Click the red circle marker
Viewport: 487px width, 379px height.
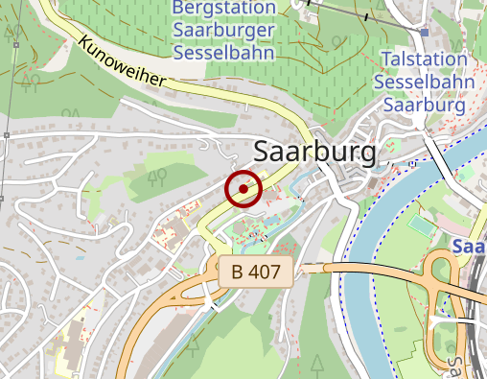[243, 189]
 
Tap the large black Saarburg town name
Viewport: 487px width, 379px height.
[315, 151]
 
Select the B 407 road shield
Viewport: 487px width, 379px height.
[256, 272]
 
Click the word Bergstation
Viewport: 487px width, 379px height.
[224, 8]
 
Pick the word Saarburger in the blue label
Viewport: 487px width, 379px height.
[224, 29]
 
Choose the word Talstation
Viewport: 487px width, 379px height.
[424, 59]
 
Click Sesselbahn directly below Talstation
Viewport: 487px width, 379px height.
[424, 82]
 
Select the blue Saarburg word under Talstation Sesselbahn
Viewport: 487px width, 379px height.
[424, 104]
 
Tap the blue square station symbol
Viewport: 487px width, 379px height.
[424, 33]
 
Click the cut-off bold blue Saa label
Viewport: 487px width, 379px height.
[470, 247]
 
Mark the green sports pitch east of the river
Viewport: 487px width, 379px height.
[422, 227]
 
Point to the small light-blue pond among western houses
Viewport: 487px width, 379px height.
[80, 256]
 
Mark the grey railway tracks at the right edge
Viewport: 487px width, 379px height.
[476, 317]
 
